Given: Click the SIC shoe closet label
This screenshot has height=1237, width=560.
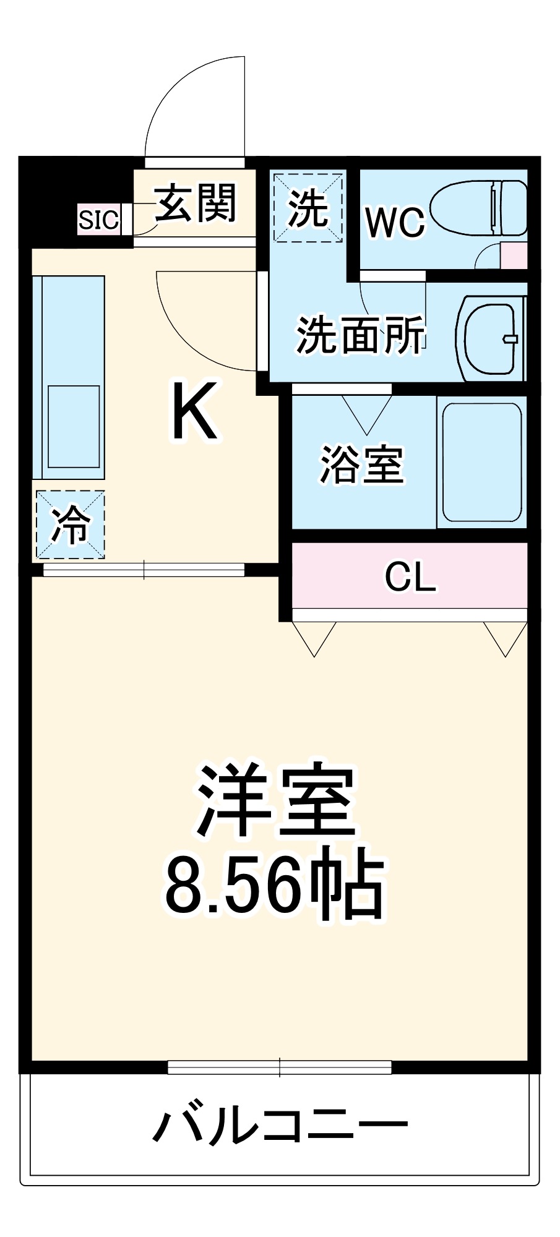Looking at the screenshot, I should [98, 220].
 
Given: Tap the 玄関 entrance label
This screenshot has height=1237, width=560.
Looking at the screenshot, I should [196, 203].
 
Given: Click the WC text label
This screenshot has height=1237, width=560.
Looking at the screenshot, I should [395, 222].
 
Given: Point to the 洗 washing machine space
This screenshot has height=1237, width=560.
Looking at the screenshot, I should [308, 208].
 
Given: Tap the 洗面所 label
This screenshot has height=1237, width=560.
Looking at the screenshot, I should [360, 336].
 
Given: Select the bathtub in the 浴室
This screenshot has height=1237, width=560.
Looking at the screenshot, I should [482, 463].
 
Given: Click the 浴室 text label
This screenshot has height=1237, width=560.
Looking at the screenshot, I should [362, 464].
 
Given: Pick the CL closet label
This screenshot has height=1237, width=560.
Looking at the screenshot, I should [410, 577].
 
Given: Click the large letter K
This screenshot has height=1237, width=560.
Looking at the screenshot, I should [194, 411].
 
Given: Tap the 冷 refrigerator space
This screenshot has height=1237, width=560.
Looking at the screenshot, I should [70, 525].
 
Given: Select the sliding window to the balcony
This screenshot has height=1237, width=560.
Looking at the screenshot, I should [280, 1067].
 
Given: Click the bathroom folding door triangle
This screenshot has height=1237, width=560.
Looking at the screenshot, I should [367, 413].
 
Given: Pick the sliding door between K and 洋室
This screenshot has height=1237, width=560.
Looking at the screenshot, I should [144, 570].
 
